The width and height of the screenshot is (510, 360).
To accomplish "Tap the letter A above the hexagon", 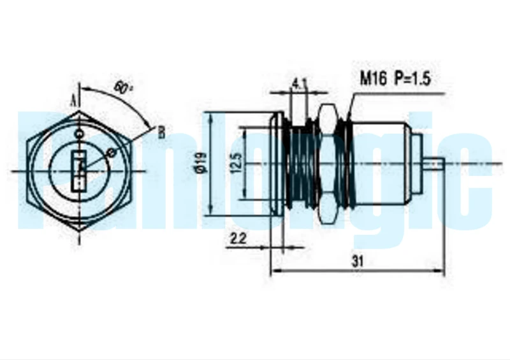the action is click(74, 101).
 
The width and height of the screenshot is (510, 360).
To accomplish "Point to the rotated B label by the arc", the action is click(162, 133).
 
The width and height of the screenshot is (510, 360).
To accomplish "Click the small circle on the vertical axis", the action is click(79, 133).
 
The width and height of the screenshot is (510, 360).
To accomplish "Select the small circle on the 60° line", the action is click(112, 152).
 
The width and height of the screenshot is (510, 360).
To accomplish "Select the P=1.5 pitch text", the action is click(412, 78).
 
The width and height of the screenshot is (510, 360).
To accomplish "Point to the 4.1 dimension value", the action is click(299, 84).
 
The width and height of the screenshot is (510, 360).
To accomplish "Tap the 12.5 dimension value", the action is click(237, 163).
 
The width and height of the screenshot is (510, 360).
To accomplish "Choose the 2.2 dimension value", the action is click(238, 239).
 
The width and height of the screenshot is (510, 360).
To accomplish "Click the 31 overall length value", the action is click(358, 261).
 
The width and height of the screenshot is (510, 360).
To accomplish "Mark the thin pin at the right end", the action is click(433, 164).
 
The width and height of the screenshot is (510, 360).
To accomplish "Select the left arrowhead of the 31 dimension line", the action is click(276, 270).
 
